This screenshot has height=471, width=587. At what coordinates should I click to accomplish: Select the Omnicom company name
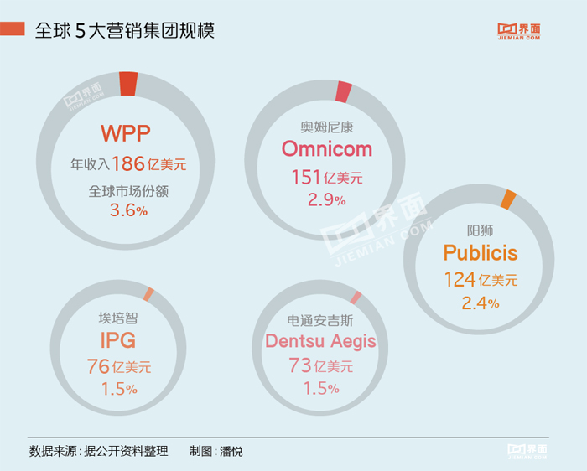click(326, 148)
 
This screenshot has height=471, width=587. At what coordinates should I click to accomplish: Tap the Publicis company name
click(481, 252)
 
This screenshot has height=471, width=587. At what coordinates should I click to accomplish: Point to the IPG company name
click(117, 340)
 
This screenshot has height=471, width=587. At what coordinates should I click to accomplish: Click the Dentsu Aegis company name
click(320, 342)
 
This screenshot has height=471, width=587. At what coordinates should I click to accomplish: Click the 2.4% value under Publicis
click(481, 303)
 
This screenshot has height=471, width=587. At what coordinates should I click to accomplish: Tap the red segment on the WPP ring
click(128, 84)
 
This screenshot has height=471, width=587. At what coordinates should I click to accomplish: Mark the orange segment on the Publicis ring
click(508, 199)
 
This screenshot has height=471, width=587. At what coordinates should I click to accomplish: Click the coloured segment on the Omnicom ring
click(344, 92)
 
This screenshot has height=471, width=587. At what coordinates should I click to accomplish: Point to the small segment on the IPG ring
click(149, 293)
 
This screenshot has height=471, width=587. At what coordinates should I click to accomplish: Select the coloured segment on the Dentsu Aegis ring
click(356, 298)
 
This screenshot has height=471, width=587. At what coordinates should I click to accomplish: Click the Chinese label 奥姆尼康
click(326, 126)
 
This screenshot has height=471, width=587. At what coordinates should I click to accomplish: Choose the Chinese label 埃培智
click(117, 318)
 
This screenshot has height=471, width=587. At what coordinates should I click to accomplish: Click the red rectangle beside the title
click(13, 30)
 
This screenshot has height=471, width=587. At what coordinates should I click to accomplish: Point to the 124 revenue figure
click(460, 279)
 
